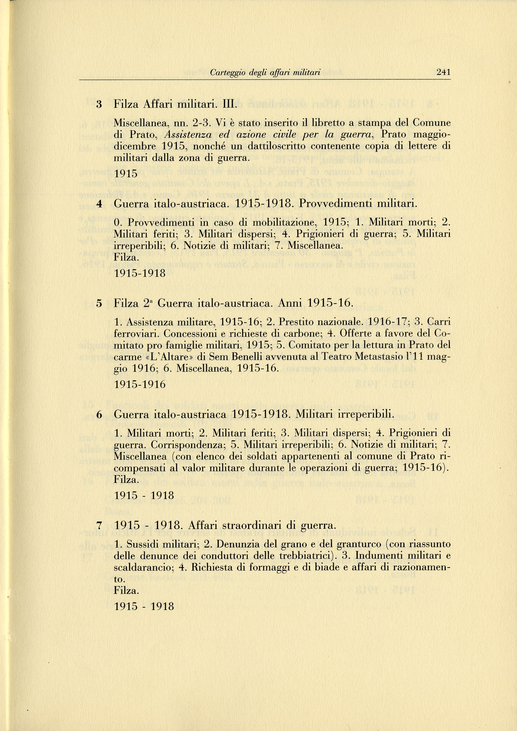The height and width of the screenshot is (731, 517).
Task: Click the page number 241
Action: (443, 72)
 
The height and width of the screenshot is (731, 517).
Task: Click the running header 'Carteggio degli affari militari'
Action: (265, 73)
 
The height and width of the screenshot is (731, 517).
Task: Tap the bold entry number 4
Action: (99, 203)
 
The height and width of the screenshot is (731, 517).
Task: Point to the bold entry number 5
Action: (99, 303)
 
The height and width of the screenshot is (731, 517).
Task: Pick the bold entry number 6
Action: (99, 415)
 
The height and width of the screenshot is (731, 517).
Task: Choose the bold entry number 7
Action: (99, 525)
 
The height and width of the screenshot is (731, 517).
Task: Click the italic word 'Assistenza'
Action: (188, 135)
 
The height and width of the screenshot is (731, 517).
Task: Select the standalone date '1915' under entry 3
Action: (126, 174)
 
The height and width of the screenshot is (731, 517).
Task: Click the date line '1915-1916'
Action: (140, 384)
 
